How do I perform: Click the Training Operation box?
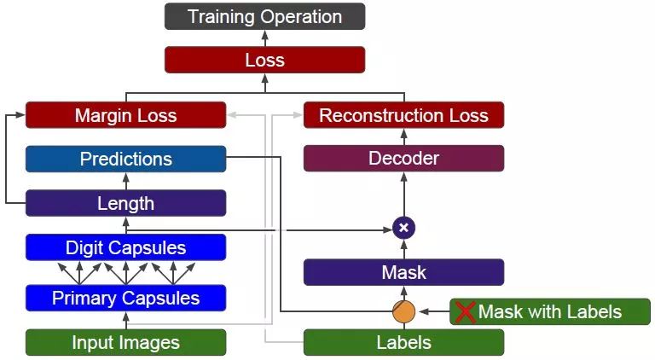[x=264, y=16]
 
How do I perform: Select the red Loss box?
[x=264, y=60]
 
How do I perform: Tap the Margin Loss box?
[x=125, y=115]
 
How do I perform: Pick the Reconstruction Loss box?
[x=403, y=115]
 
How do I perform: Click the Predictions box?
[x=125, y=159]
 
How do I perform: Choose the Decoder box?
[x=403, y=159]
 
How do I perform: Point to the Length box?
[x=125, y=203]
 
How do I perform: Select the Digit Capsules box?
[x=125, y=247]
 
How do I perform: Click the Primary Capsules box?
[x=125, y=298]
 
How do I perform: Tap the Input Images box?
[x=125, y=342]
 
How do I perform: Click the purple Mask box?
[x=403, y=272]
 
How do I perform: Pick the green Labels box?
[x=403, y=342]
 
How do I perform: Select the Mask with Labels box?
[x=550, y=311]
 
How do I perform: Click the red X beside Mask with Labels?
[x=465, y=311]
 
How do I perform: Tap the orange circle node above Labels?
[x=403, y=311]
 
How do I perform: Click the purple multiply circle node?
[x=403, y=228]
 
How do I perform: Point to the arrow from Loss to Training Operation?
[x=264, y=38]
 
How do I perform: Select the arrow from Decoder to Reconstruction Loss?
[x=403, y=136]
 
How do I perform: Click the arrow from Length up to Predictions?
[x=125, y=181]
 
